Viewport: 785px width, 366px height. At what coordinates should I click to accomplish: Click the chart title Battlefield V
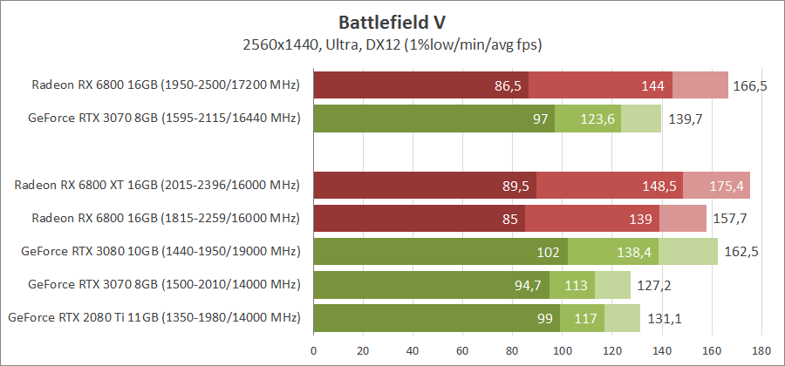392,20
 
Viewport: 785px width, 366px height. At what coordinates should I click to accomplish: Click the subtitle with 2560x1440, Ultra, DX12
392,43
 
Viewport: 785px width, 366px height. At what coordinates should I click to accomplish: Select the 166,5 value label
750,85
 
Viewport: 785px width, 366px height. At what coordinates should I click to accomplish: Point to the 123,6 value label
597,119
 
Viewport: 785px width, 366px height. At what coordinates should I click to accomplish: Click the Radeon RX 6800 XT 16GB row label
157,186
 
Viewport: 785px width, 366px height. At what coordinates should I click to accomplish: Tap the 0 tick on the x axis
313,351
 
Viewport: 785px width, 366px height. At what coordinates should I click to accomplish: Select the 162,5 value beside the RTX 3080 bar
741,252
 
